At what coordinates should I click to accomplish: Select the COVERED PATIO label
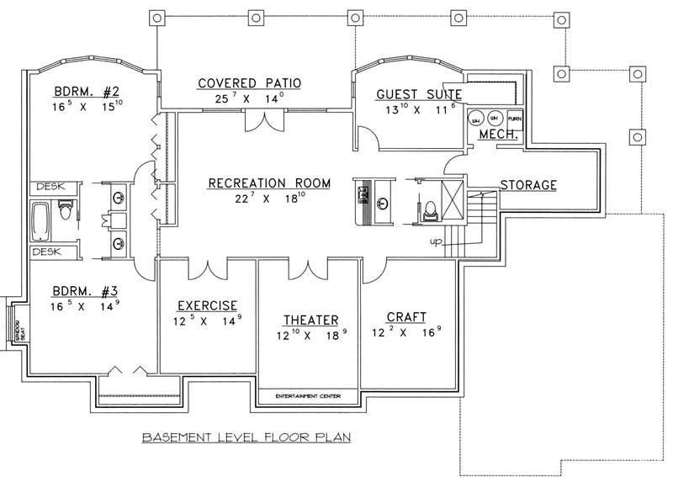(250, 82)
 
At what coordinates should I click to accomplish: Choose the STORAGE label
(528, 184)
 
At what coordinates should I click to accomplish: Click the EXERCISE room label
(206, 305)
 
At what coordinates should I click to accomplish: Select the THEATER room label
(310, 320)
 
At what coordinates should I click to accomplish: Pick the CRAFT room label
(406, 317)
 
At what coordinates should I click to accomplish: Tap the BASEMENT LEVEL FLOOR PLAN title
(246, 437)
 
